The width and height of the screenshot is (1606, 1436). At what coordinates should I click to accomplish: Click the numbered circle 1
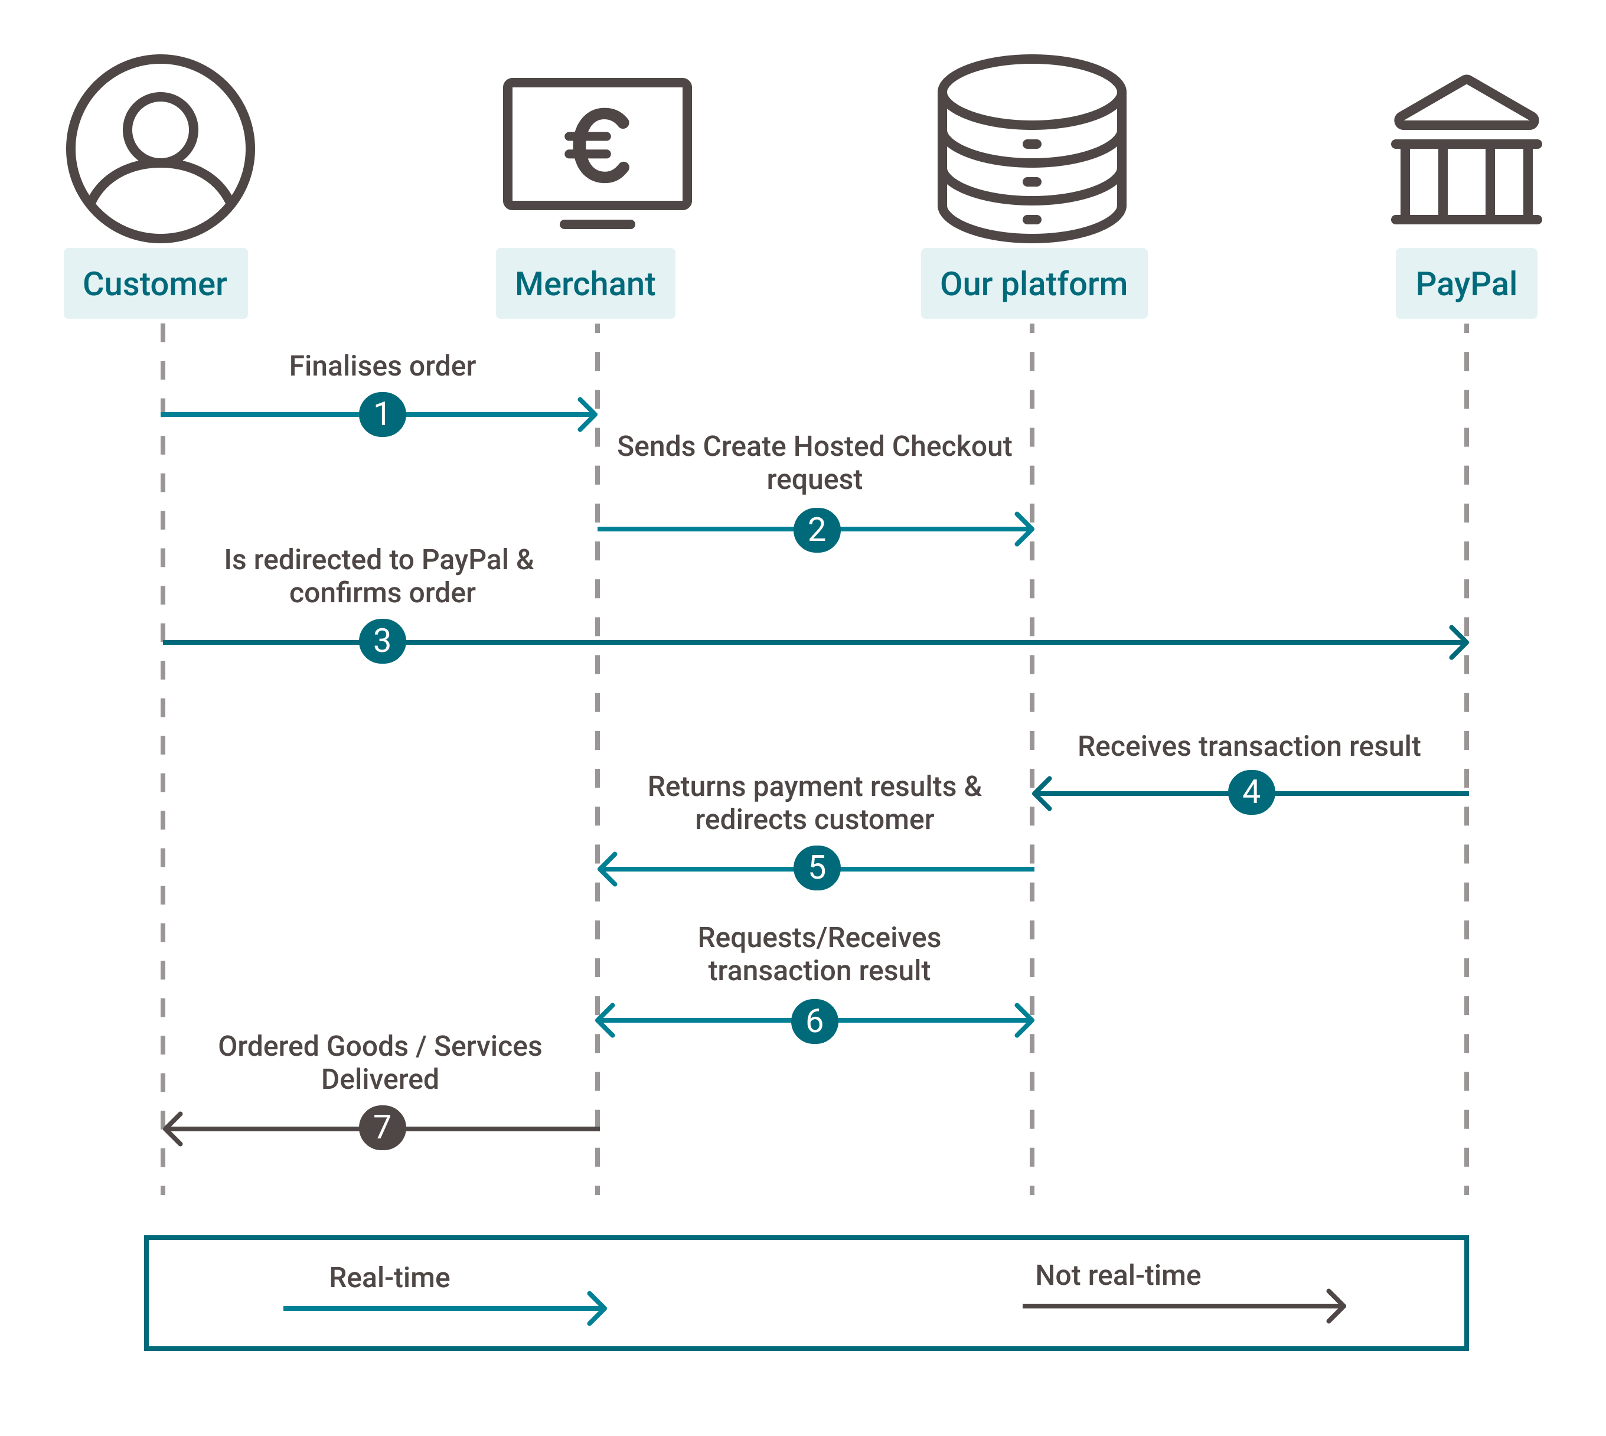pyautogui.click(x=383, y=415)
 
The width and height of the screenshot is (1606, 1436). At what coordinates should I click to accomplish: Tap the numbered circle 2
pyautogui.click(x=817, y=530)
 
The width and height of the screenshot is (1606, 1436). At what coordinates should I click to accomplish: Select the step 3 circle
pyautogui.click(x=383, y=641)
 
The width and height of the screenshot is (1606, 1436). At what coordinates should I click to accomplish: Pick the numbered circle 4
pyautogui.click(x=1252, y=792)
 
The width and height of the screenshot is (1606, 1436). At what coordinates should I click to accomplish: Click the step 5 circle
pyautogui.click(x=817, y=868)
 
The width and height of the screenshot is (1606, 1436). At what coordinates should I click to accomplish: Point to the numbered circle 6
pyautogui.click(x=815, y=1021)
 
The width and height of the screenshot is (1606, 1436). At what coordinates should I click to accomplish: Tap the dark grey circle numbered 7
pyautogui.click(x=383, y=1128)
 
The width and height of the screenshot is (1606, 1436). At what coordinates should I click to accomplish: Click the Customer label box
pyautogui.click(x=155, y=284)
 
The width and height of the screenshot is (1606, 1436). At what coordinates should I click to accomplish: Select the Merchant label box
pyautogui.click(x=585, y=284)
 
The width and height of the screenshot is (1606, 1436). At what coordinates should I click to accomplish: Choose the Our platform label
pyautogui.click(x=1034, y=284)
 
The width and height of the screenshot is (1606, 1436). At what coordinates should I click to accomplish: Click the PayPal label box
pyautogui.click(x=1467, y=284)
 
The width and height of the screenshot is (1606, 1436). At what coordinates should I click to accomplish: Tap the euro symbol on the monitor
pyautogui.click(x=597, y=145)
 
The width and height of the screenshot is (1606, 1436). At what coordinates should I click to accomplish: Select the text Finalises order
pyautogui.click(x=383, y=366)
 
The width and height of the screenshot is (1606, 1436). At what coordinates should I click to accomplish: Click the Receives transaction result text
pyautogui.click(x=1249, y=746)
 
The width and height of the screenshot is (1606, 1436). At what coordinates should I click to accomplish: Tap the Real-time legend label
pyautogui.click(x=390, y=1277)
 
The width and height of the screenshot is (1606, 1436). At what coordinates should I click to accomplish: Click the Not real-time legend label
pyautogui.click(x=1118, y=1275)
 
